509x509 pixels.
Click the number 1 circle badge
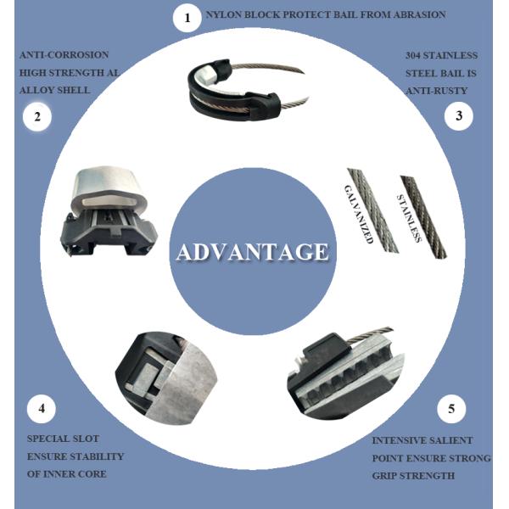coord(187,17)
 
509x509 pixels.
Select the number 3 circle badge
coord(459,116)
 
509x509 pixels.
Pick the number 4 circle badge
coord(42,409)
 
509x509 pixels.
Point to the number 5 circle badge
coord(451,409)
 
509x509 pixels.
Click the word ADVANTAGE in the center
coord(252,252)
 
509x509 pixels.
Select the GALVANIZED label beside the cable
coord(358,214)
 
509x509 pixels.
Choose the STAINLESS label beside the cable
coord(410,218)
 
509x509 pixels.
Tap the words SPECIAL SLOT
coord(63,439)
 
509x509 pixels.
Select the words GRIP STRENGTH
coord(413,475)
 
